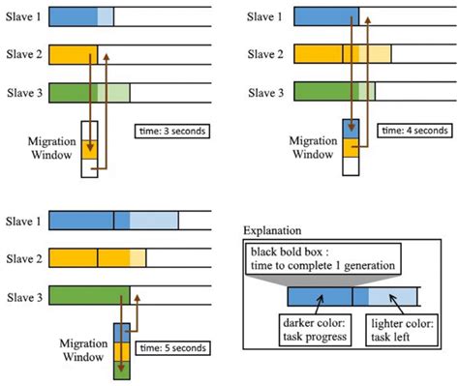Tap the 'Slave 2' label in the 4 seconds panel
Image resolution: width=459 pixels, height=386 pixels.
coord(263,54)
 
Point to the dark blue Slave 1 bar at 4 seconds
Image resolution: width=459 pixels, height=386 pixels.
coord(324,15)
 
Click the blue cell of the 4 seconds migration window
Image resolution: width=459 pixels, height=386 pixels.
coord(350,129)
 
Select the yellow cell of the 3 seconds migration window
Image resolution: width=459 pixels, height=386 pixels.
coord(90,146)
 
